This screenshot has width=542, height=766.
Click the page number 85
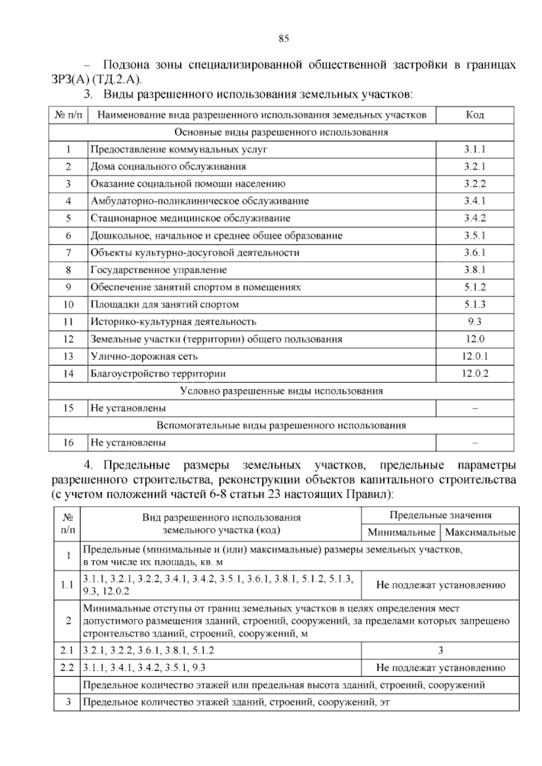click(x=284, y=38)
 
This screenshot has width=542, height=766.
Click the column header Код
click(x=475, y=115)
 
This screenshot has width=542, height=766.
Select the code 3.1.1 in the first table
click(x=475, y=149)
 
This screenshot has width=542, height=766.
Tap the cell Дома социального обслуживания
click(x=168, y=167)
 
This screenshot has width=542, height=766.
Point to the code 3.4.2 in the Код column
click(x=475, y=219)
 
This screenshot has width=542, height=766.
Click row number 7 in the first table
click(x=68, y=253)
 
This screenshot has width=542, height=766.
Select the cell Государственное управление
click(x=159, y=270)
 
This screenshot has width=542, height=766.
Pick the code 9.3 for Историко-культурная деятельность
click(x=475, y=322)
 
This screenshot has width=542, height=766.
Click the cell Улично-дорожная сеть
click(x=144, y=356)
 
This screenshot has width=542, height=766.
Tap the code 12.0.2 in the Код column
click(x=475, y=374)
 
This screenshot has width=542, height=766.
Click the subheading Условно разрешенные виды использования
click(x=281, y=391)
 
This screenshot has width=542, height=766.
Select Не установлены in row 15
click(x=128, y=408)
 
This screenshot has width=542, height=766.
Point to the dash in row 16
click(x=475, y=443)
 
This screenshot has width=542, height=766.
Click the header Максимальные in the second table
click(x=480, y=532)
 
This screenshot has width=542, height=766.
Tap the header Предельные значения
click(x=440, y=515)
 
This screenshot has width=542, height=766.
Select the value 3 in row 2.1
click(x=440, y=650)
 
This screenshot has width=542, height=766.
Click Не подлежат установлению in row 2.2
click(x=440, y=668)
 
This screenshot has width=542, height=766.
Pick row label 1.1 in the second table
click(x=67, y=585)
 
